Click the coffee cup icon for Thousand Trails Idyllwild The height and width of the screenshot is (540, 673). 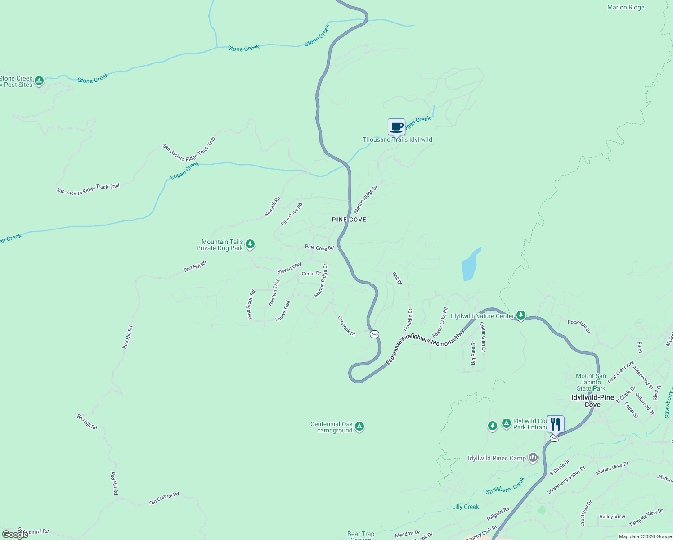click(x=396, y=127)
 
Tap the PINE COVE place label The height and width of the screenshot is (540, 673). click(x=349, y=220)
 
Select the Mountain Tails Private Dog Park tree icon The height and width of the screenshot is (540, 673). click(x=250, y=244)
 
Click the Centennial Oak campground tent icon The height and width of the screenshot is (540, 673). click(x=359, y=427)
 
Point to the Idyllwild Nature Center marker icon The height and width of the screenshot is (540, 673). click(x=520, y=315)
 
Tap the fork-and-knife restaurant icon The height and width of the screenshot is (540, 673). click(x=556, y=424)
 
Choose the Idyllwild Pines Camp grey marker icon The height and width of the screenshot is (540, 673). click(x=533, y=458)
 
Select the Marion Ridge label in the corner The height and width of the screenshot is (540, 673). click(x=626, y=8)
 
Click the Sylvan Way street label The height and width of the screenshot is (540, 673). click(x=289, y=268)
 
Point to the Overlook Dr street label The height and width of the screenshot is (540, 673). click(x=347, y=325)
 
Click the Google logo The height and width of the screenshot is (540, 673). click(x=15, y=534)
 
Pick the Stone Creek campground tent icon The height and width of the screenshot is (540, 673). click(x=39, y=81)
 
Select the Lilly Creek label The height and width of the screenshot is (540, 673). click(x=466, y=507)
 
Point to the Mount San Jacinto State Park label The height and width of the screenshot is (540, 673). click(x=591, y=382)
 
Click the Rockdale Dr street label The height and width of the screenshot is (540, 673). click(x=579, y=326)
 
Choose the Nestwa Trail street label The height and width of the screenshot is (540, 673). click(x=274, y=292)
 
